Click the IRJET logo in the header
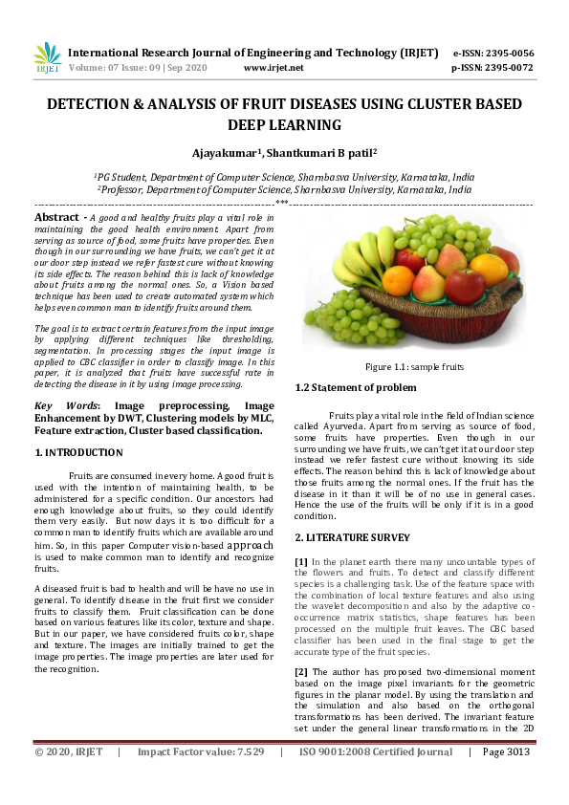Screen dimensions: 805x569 pos(47,57)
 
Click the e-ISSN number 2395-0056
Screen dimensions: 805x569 pos(509,54)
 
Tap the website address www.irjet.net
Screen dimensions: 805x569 pos(274,68)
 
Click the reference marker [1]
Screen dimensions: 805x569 pos(301,560)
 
